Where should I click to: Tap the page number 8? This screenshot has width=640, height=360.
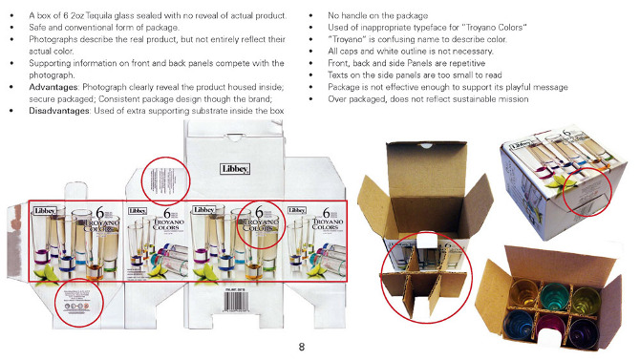tap(302, 346)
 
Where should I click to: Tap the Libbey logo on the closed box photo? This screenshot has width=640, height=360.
tap(522, 154)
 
